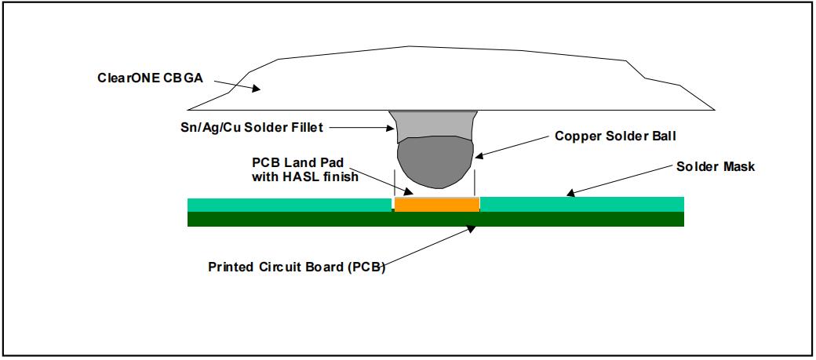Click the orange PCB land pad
point(436,204)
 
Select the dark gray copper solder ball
point(433,164)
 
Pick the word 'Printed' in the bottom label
point(229,266)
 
